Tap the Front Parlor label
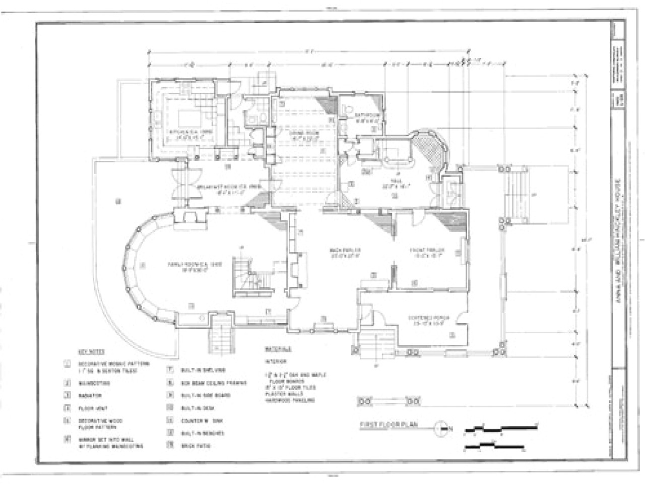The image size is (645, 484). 428,251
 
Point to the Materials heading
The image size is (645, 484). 278,349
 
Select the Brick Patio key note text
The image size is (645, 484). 196,446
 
